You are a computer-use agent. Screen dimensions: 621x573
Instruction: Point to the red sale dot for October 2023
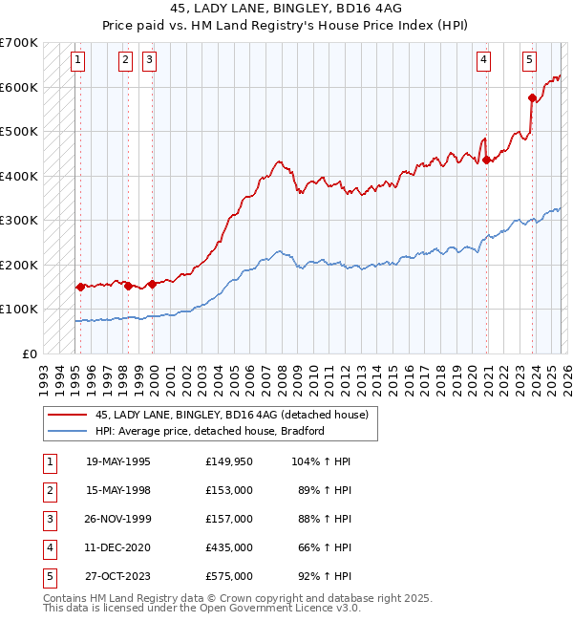pos(533,97)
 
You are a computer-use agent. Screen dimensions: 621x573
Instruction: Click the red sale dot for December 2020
pos(487,160)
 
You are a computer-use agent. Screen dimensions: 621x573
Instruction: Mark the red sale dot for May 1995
pos(80,287)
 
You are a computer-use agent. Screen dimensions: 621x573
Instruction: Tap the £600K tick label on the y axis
pos(19,87)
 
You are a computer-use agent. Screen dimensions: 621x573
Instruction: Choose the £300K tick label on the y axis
pos(19,220)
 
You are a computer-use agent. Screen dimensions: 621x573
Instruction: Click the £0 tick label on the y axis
pos(30,353)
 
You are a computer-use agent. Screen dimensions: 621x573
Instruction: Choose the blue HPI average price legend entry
pos(210,431)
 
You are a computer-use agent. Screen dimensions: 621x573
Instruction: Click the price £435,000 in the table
pos(228,547)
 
